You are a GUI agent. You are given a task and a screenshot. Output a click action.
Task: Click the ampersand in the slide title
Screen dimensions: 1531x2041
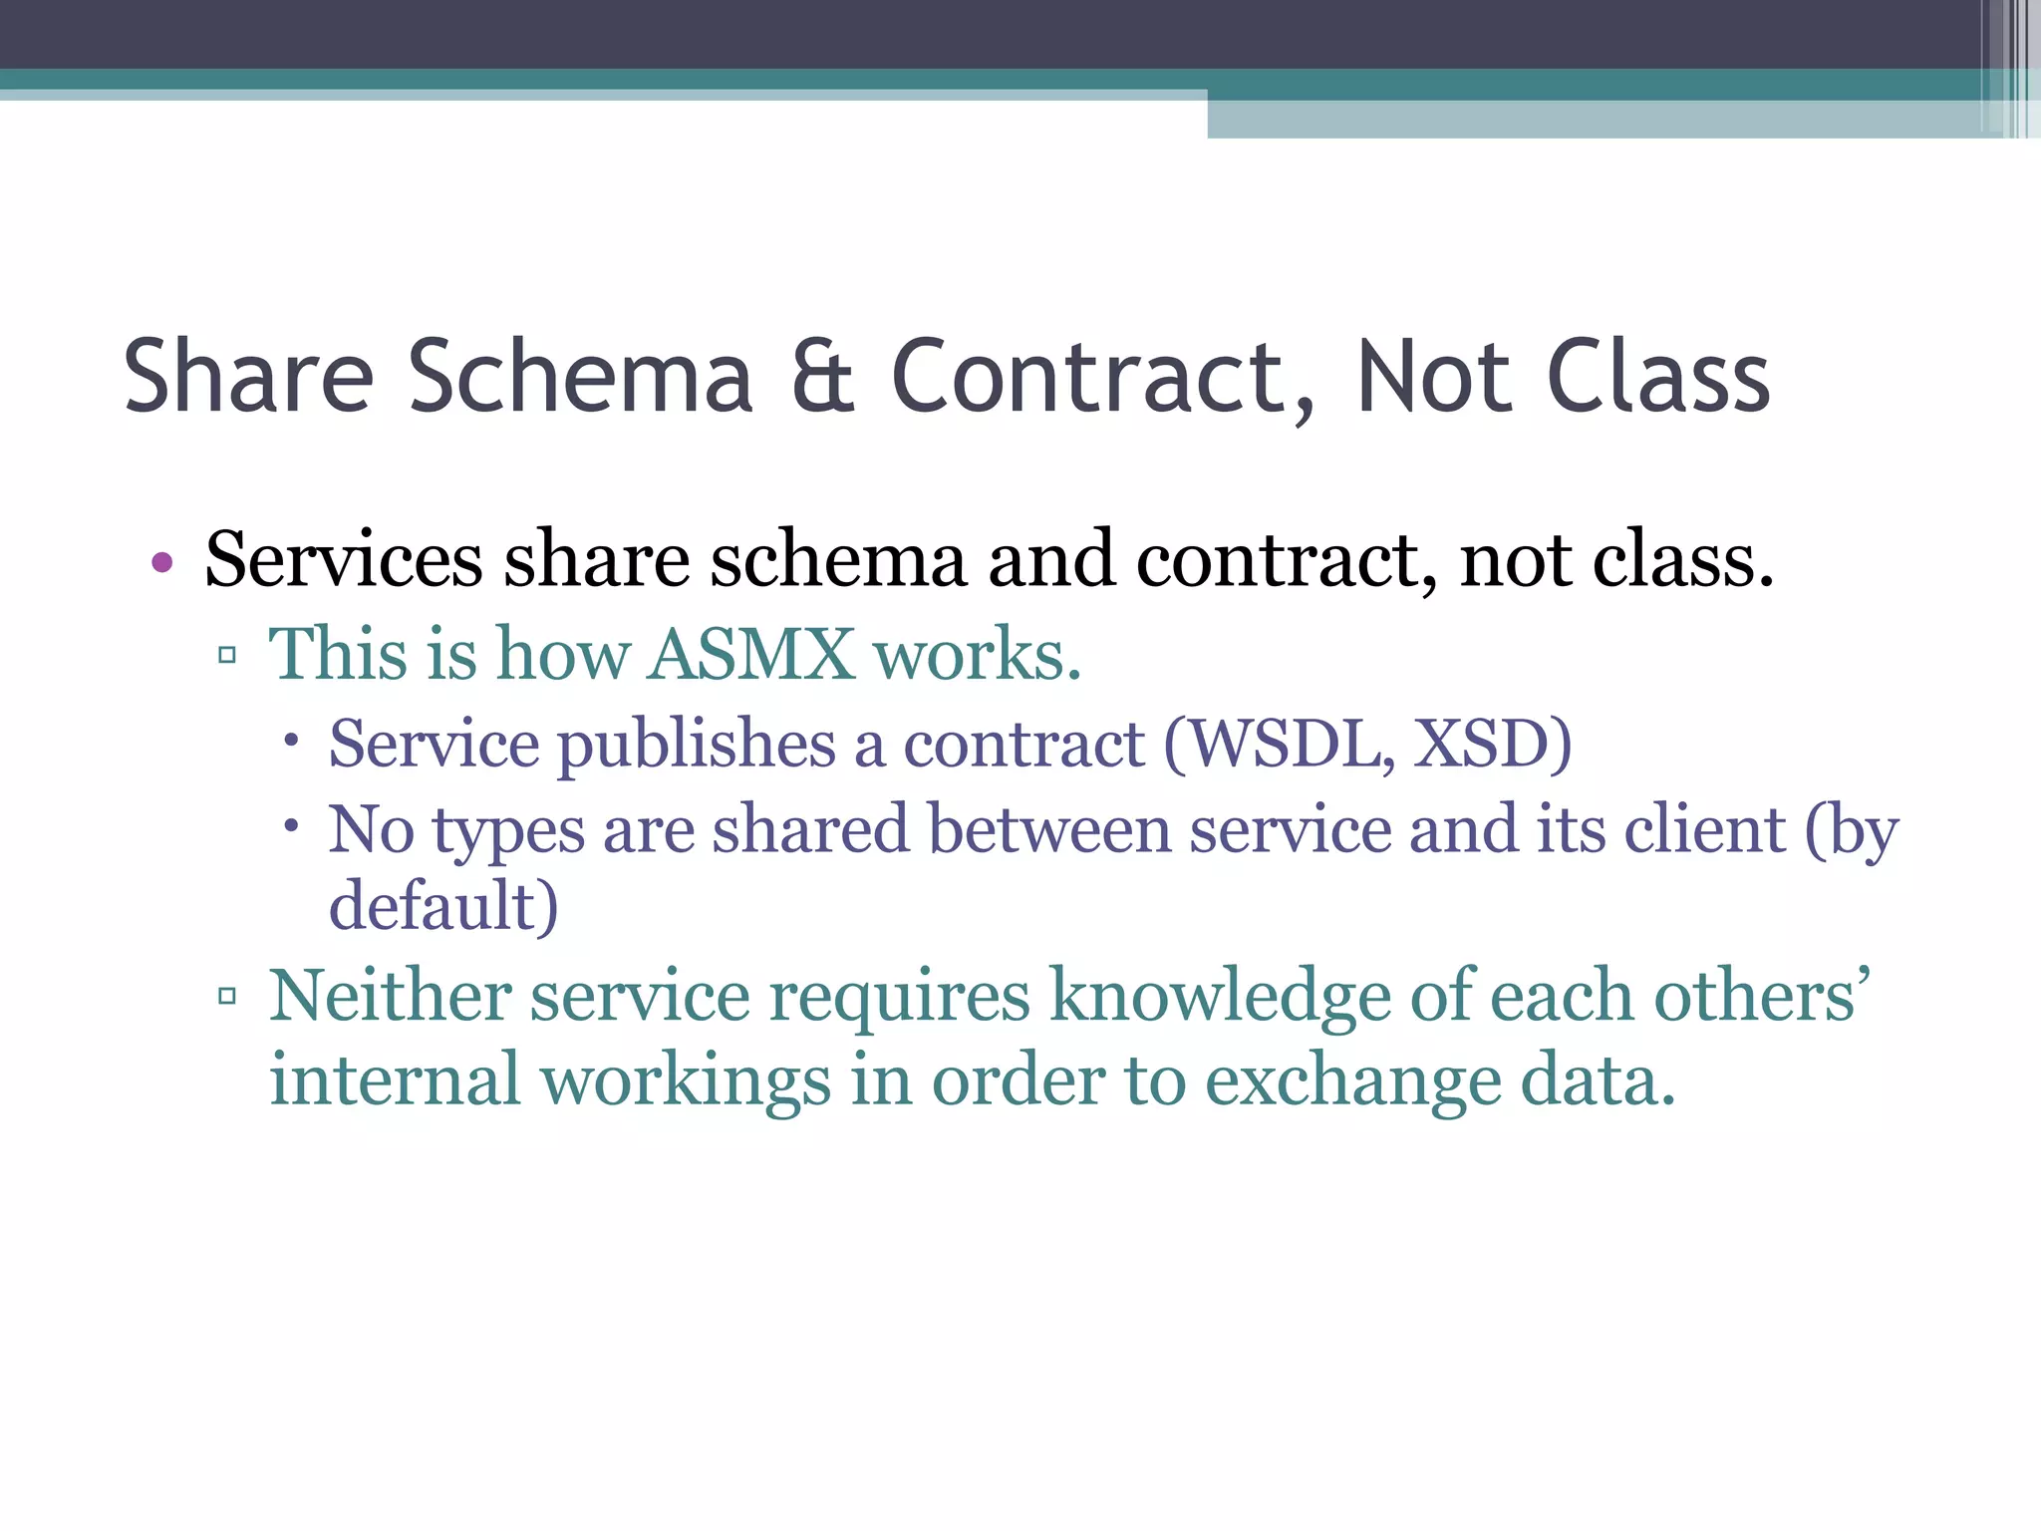[822, 377]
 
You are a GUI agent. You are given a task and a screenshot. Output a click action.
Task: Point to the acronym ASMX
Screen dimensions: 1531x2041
[751, 655]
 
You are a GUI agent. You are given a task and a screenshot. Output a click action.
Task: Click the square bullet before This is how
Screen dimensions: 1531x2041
[227, 655]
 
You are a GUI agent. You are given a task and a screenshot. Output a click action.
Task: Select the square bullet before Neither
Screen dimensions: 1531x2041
[227, 995]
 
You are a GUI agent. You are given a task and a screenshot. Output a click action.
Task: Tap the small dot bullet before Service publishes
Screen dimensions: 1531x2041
[291, 741]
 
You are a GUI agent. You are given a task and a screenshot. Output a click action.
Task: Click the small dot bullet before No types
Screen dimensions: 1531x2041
[291, 825]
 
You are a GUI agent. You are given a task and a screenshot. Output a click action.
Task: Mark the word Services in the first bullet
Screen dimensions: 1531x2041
[344, 560]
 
